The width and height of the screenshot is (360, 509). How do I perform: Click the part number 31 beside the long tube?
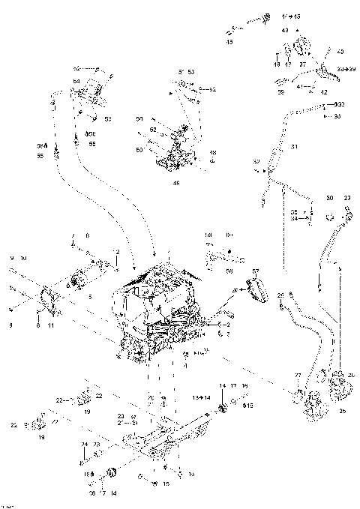click(x=295, y=145)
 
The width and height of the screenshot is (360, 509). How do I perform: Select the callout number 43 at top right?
click(x=284, y=30)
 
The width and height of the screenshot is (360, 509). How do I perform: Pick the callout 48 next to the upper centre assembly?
click(x=212, y=152)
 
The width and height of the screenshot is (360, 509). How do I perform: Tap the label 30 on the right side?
click(x=329, y=198)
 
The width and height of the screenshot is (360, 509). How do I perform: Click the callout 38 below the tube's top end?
click(x=337, y=116)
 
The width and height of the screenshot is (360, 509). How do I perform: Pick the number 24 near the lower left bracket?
click(x=82, y=443)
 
